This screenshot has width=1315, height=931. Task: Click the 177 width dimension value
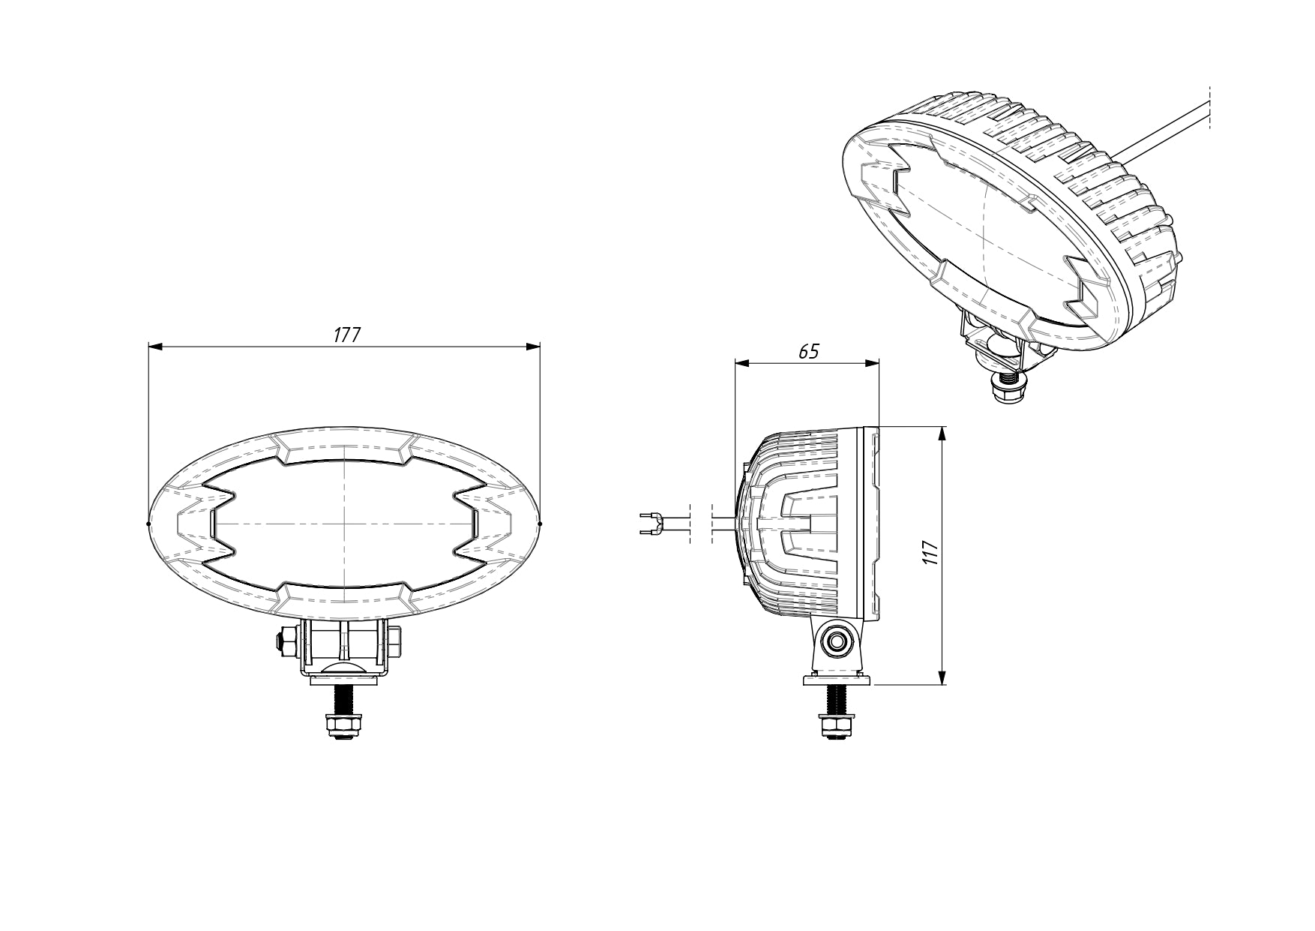tap(346, 335)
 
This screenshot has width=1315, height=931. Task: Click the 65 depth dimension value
tap(808, 351)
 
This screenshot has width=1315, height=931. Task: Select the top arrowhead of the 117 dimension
tap(942, 434)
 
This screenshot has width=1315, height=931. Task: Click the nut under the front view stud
tap(343, 725)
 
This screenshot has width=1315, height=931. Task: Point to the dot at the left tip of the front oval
tap(149, 524)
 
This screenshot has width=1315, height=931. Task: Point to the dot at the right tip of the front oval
tap(540, 524)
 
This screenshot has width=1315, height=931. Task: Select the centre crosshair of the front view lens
tap(344, 522)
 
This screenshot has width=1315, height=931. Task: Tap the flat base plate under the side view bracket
tap(837, 680)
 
